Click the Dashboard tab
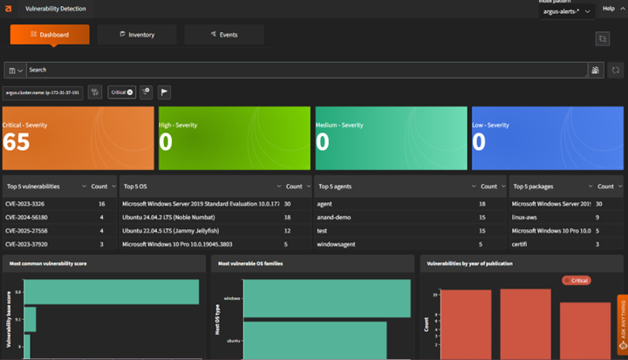click(x=50, y=35)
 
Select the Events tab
click(x=223, y=35)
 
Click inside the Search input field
click(x=305, y=70)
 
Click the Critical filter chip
click(x=121, y=92)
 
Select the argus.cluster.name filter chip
click(x=43, y=92)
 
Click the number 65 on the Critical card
click(x=17, y=143)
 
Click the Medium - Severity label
click(x=339, y=126)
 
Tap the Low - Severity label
click(x=492, y=126)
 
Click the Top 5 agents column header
click(x=338, y=186)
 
